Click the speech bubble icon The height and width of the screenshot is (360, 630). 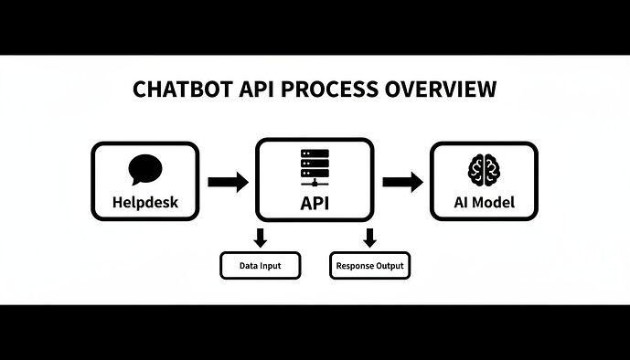144,169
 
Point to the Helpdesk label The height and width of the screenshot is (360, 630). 144,202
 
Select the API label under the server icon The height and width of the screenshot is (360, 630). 315,203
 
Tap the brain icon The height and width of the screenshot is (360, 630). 484,169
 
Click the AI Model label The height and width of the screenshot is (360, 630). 484,202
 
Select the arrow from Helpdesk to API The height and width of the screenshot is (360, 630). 228,182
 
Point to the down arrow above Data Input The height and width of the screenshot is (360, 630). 260,238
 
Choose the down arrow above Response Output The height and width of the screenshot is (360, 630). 370,238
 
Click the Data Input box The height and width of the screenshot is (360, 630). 260,266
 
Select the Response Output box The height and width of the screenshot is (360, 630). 369,266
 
